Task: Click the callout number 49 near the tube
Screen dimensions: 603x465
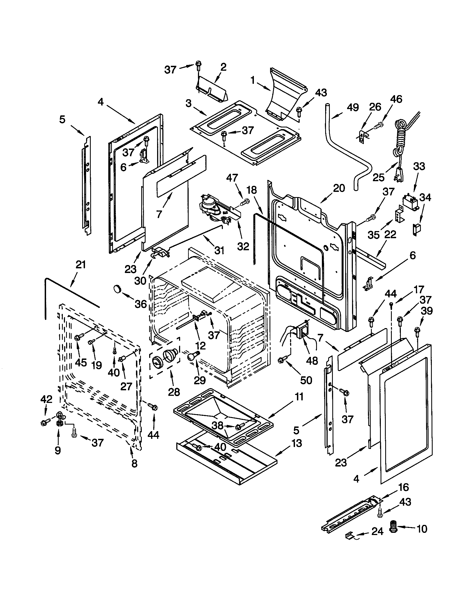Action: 353,108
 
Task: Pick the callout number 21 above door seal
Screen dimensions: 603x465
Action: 81,265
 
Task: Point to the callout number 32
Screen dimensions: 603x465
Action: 243,246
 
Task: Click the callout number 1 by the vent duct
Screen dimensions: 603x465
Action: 253,81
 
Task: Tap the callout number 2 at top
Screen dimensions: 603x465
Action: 223,67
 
